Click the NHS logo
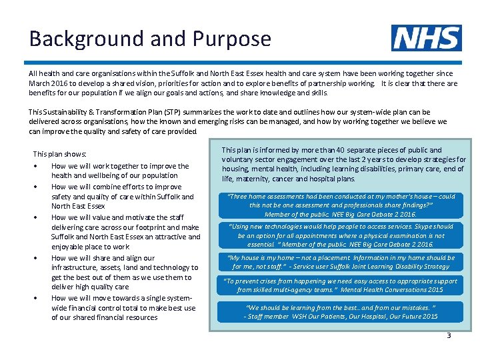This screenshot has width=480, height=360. [x=426, y=38]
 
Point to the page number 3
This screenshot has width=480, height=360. [x=449, y=335]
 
